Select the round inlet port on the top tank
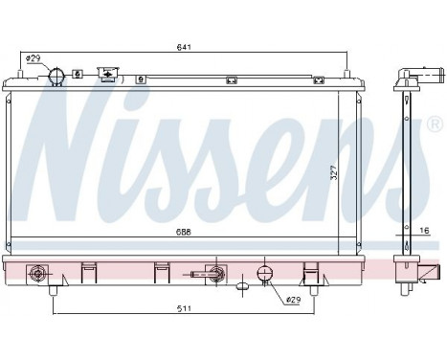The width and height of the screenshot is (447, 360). click(x=58, y=76)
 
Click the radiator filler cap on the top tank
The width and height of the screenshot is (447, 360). click(x=107, y=75)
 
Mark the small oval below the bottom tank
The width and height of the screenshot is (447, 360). click(x=242, y=283)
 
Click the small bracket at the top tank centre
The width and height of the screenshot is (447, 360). click(x=230, y=80)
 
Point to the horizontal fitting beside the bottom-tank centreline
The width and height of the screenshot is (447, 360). click(x=202, y=275)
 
